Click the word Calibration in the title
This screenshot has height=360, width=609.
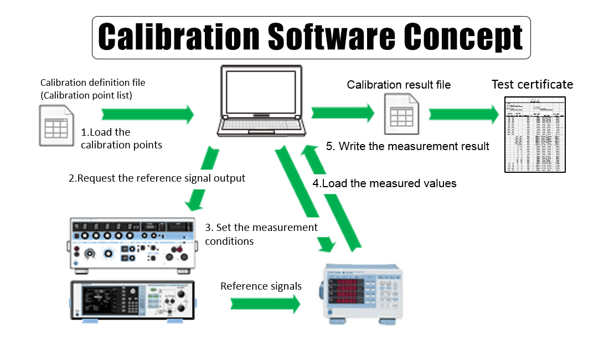(179, 37)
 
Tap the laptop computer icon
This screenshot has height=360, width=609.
(262, 101)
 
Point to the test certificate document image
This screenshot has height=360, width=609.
(535, 133)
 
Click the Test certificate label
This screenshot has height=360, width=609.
(532, 85)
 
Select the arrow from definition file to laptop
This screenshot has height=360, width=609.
(147, 115)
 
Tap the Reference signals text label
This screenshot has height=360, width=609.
(261, 286)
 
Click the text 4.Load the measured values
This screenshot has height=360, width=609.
(385, 183)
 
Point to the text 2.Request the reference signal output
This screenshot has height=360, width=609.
(157, 178)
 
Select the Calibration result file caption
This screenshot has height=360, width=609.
(399, 85)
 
